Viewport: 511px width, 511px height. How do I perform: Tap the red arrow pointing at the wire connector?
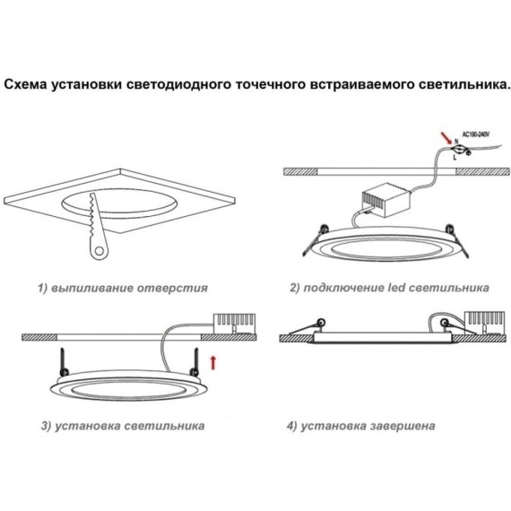tap(445, 137)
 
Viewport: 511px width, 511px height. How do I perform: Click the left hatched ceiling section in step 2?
tap(302, 169)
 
